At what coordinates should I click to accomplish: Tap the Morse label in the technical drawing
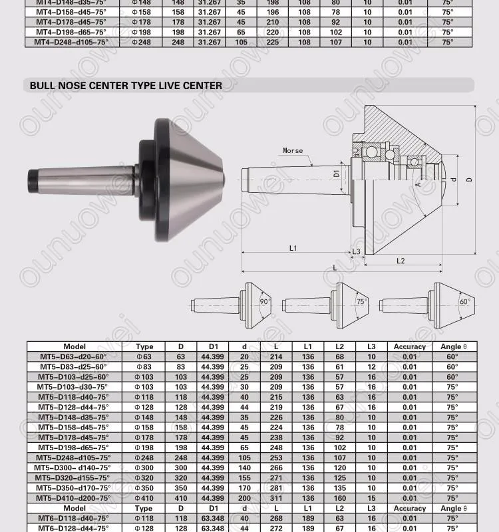pos(293,151)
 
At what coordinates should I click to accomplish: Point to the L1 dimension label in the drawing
pos(293,247)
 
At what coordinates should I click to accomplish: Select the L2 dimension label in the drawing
pos(401,261)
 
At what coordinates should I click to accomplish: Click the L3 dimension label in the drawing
pos(356,251)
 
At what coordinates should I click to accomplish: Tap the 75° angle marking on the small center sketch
pos(361,301)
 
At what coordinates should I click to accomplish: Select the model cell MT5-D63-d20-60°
pos(74,356)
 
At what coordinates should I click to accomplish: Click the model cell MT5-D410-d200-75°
pos(74,497)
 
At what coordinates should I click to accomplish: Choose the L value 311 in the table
pos(276,497)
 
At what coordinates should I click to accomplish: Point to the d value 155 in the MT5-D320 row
pos(245,477)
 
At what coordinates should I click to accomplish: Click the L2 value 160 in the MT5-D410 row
pos(340,497)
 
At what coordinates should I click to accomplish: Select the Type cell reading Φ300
pos(144,467)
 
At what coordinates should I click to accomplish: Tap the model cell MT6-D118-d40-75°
pos(74,518)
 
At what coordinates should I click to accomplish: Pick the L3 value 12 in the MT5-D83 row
pos(371,366)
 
